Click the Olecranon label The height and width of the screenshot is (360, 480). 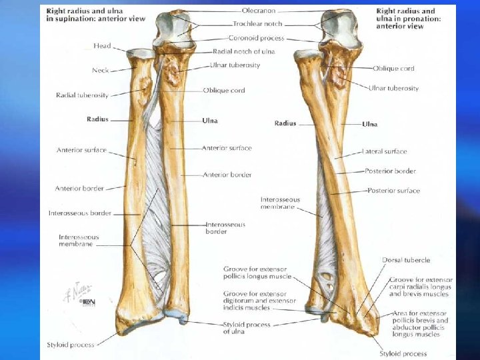(x=258, y=11)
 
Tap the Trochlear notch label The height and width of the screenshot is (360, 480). (x=256, y=24)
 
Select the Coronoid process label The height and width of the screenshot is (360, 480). (x=257, y=38)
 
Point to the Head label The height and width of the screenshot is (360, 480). (x=103, y=46)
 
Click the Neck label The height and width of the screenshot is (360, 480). (x=101, y=70)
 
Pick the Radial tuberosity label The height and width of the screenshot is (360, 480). (x=82, y=95)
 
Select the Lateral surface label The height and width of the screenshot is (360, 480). (x=384, y=151)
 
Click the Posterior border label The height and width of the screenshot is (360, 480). (x=390, y=171)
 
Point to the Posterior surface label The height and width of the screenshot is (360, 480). (x=393, y=191)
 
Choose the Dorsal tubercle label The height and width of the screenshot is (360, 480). (x=406, y=260)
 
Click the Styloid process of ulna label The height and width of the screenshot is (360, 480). (x=247, y=327)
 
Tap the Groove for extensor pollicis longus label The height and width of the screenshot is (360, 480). (x=257, y=272)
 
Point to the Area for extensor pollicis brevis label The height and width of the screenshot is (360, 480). (x=419, y=321)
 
